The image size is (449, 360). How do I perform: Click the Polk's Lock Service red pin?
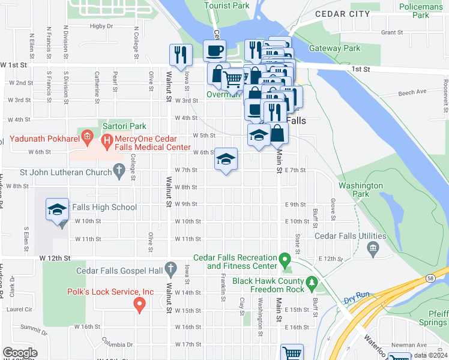140,305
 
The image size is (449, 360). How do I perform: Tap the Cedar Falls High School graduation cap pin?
57,210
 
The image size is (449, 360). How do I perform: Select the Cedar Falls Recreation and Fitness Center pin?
286,261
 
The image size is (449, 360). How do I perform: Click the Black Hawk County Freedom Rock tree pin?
311,281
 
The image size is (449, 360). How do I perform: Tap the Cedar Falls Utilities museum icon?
372,248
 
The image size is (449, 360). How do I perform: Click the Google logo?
19,352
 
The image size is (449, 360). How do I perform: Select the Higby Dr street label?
101,26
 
